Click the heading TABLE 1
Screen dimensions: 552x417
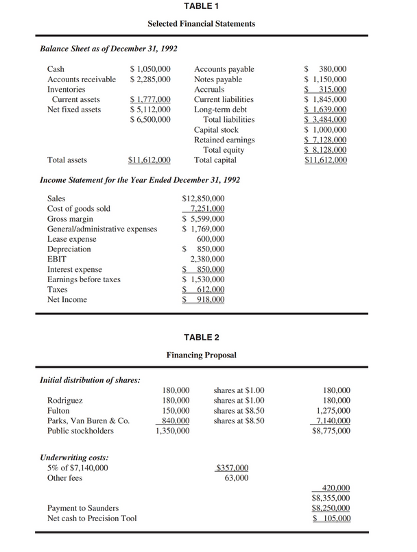202,6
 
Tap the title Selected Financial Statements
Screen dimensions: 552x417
202,24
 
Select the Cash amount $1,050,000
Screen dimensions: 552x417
150,69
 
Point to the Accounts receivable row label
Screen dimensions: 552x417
81,79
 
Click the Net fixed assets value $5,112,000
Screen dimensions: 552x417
150,110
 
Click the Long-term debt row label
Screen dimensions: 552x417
219,110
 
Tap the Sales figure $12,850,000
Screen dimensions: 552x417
204,199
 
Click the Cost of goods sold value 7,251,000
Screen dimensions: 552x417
208,209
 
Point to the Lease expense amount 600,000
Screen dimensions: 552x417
211,239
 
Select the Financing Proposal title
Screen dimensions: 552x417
202,356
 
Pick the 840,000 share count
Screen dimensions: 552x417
174,421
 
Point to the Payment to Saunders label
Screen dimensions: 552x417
82,508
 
